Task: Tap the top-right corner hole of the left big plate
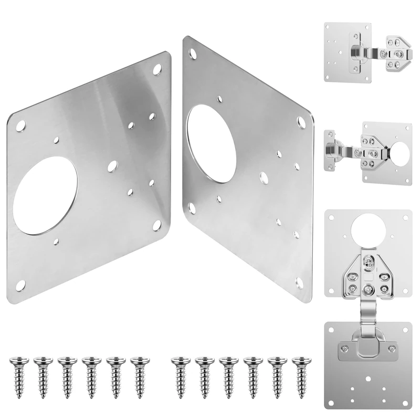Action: [x=157, y=68]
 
